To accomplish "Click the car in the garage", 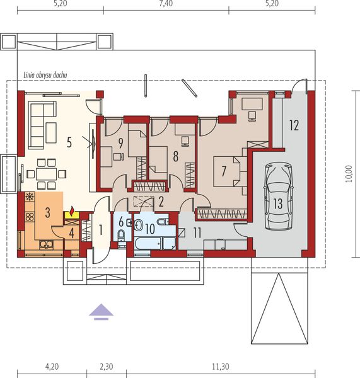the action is [x=278, y=197].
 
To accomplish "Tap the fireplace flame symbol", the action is [x=72, y=212].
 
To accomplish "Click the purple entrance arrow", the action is [x=101, y=312].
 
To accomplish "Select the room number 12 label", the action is [x=294, y=125].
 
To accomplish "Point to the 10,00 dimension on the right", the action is [x=349, y=174].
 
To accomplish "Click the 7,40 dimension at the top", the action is [x=166, y=3].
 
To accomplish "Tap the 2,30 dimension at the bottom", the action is [x=106, y=367].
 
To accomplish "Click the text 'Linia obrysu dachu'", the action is [x=45, y=75].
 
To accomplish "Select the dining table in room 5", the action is [x=46, y=174].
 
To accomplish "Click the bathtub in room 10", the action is [x=148, y=243].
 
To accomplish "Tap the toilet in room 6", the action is [x=122, y=235].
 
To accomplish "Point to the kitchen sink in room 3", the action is [x=47, y=244].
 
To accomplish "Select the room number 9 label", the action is [x=120, y=143].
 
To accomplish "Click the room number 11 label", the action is [x=197, y=233].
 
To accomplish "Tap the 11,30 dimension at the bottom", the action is [x=221, y=367].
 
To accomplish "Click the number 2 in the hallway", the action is [x=161, y=202].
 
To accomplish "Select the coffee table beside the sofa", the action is [x=51, y=132].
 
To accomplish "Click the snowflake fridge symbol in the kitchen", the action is [x=30, y=197].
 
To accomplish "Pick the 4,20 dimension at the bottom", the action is [x=52, y=367].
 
